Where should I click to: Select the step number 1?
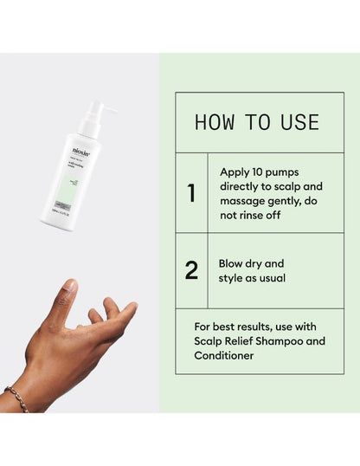click(x=191, y=193)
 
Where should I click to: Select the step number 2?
click(x=191, y=270)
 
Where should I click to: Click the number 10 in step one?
click(x=261, y=172)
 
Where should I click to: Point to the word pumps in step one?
click(x=292, y=172)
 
